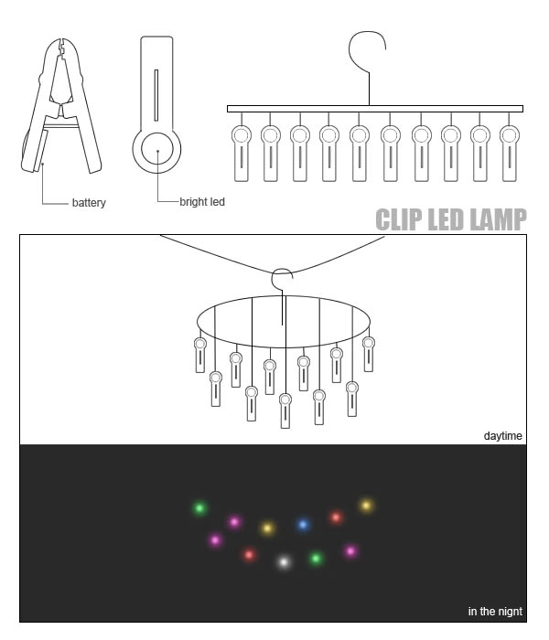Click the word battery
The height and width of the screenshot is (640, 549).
(x=89, y=202)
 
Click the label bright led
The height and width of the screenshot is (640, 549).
(x=202, y=202)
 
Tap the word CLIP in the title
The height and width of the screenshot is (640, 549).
(x=399, y=219)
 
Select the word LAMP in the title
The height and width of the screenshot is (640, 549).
(x=498, y=219)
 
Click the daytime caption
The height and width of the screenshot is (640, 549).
(x=503, y=436)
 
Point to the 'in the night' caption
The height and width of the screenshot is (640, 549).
(x=495, y=611)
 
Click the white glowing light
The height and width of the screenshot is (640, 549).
(x=284, y=562)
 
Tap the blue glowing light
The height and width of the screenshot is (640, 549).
(x=303, y=525)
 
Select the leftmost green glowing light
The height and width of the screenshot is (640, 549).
(x=199, y=508)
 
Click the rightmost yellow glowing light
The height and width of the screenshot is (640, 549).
(x=366, y=506)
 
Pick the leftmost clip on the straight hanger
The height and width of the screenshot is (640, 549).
(x=242, y=153)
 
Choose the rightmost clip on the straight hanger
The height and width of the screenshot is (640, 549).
(x=510, y=153)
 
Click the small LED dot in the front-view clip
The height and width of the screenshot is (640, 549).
(x=157, y=151)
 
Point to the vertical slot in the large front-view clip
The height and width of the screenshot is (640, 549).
(x=156, y=95)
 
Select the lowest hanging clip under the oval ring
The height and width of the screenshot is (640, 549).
(x=285, y=411)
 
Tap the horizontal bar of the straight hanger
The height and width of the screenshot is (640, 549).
(x=375, y=109)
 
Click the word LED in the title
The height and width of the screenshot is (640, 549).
(x=446, y=219)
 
